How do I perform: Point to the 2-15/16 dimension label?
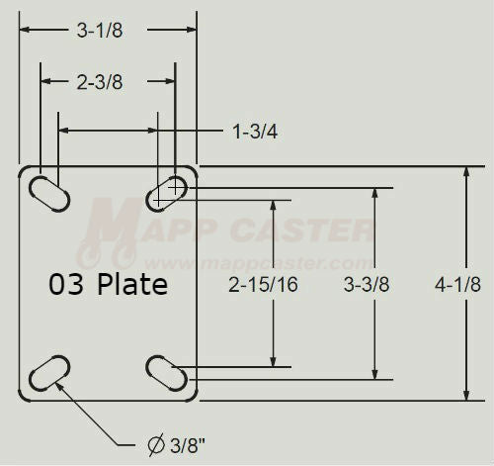click(x=263, y=286)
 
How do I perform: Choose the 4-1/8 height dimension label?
click(x=457, y=286)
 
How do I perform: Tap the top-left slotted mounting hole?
click(x=49, y=193)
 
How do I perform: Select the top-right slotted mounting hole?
click(x=168, y=193)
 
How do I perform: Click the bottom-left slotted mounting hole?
click(x=49, y=373)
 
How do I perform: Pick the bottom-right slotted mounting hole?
click(x=168, y=373)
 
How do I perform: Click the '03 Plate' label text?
click(x=109, y=286)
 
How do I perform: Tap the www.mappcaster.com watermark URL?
click(x=262, y=264)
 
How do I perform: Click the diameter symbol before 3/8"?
click(x=154, y=445)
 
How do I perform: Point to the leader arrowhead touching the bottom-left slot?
click(x=61, y=384)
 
